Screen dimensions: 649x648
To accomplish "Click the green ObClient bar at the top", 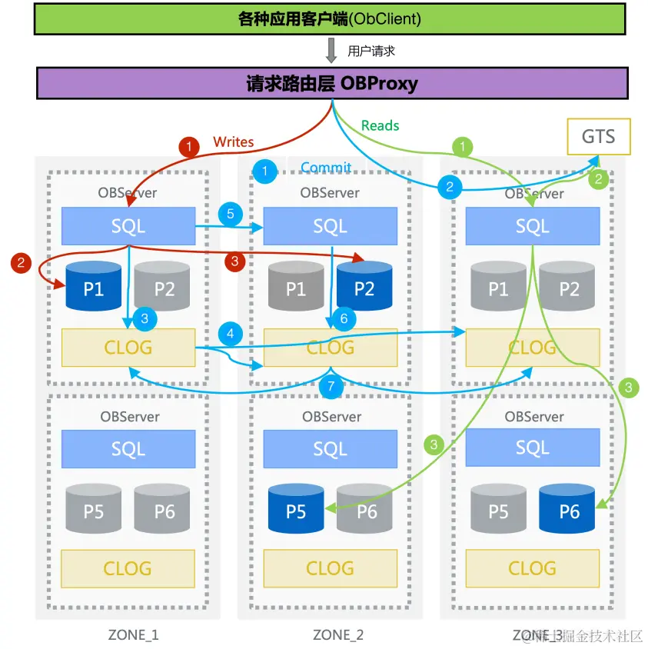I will pyautogui.click(x=331, y=18).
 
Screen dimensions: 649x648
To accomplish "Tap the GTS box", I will pyautogui.click(x=598, y=137).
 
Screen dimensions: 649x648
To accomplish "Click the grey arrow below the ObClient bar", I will pyautogui.click(x=331, y=51).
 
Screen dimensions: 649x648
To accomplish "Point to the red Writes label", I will pyautogui.click(x=234, y=141).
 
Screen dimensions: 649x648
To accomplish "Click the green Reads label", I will pyautogui.click(x=380, y=125).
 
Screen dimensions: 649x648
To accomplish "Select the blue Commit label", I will pyautogui.click(x=326, y=168).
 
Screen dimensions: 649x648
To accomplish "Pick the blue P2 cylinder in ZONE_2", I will pyautogui.click(x=364, y=288).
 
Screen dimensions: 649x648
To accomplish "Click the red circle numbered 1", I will pyautogui.click(x=188, y=145).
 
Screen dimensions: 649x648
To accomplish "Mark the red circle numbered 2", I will pyautogui.click(x=21, y=263).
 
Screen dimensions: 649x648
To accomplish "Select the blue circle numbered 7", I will pyautogui.click(x=331, y=387).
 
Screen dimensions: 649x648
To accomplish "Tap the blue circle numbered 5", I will pyautogui.click(x=229, y=214).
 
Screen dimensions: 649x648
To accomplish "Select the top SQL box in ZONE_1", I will pyautogui.click(x=128, y=226).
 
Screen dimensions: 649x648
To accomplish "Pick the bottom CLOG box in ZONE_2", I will pyautogui.click(x=330, y=568).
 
